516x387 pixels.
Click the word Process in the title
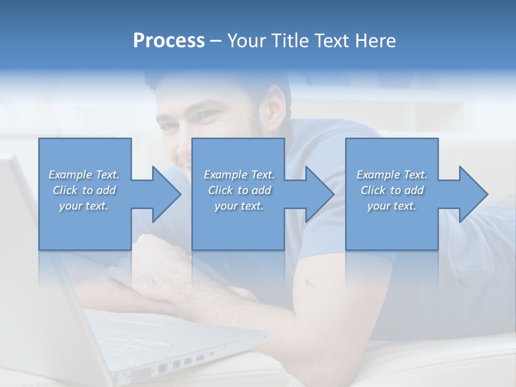click(x=169, y=41)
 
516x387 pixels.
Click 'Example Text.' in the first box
click(x=84, y=175)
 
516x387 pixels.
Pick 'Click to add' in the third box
click(x=392, y=190)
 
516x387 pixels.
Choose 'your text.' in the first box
click(x=84, y=206)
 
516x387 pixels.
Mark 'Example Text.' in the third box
click(x=392, y=175)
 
